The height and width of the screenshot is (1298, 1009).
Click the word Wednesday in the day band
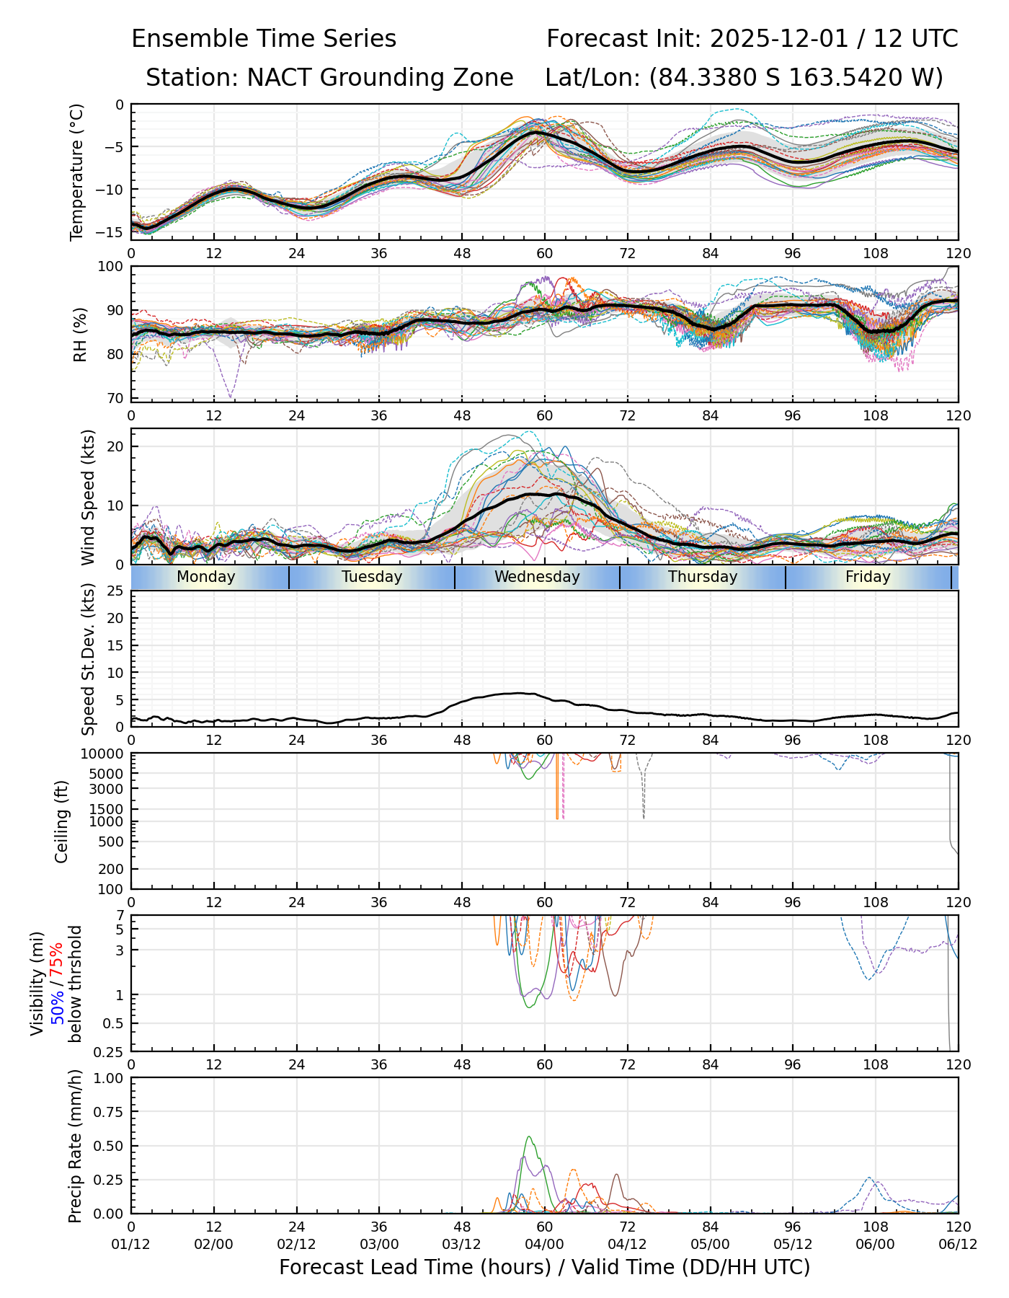(537, 577)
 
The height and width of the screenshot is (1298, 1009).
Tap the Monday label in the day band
(206, 577)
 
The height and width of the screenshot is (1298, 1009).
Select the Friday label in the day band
(868, 577)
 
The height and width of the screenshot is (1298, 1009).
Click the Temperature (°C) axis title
(77, 172)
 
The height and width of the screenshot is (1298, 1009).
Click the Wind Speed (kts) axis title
(88, 497)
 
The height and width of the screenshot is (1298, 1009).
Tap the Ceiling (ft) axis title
(62, 821)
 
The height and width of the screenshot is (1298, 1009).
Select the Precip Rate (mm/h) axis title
(75, 1146)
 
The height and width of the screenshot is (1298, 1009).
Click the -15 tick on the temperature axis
(114, 231)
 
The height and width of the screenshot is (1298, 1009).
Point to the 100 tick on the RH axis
(111, 267)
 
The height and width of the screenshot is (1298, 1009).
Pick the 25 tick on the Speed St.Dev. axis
(115, 591)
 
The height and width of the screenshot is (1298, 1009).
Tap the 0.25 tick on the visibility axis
(111, 1051)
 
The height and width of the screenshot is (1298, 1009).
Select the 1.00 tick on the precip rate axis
(108, 1078)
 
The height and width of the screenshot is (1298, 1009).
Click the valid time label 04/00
(544, 1245)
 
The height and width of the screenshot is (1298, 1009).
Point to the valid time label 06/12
(958, 1245)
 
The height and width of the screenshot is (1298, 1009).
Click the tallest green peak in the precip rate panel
(530, 1137)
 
